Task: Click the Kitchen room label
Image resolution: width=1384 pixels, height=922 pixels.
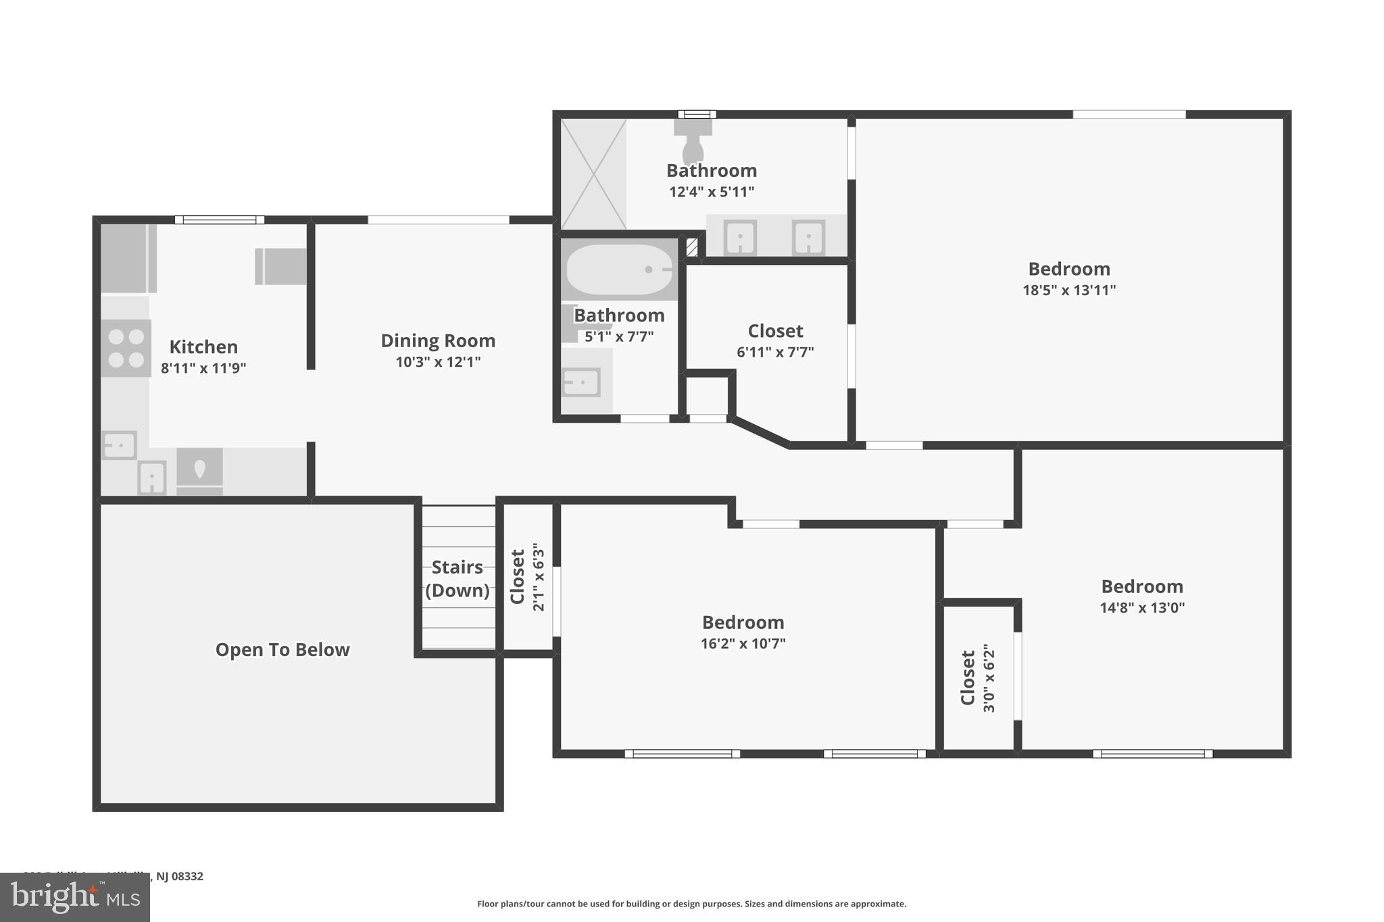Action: [203, 347]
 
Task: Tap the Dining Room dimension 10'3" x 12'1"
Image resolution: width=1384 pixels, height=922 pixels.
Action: [438, 362]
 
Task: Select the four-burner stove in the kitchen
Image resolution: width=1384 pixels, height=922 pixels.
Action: [126, 348]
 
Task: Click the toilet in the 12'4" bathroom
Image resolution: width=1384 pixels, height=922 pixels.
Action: [693, 140]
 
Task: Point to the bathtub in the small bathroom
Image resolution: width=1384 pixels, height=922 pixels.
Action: [619, 270]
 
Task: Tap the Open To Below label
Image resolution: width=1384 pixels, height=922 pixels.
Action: [282, 649]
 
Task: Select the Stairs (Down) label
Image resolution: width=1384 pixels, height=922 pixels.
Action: [458, 578]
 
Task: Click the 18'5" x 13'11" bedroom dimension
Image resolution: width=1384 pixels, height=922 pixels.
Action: [1069, 290]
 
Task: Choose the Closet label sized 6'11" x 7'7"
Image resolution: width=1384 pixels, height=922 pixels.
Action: [775, 331]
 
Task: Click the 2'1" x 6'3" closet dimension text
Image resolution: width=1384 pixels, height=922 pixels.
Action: [539, 577]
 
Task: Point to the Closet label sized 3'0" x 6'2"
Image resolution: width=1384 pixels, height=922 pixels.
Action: [968, 677]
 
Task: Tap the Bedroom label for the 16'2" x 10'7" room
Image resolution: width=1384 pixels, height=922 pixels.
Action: [743, 622]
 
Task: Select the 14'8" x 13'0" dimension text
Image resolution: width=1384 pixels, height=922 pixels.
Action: [1142, 607]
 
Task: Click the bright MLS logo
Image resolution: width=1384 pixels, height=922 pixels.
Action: [74, 897]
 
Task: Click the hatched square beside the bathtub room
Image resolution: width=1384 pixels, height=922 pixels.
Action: [692, 247]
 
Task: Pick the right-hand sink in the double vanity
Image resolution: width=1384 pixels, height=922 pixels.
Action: [808, 238]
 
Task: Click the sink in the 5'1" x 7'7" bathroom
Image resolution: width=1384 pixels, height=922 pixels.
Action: [581, 383]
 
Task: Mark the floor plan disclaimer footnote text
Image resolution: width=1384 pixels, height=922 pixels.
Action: [691, 904]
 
